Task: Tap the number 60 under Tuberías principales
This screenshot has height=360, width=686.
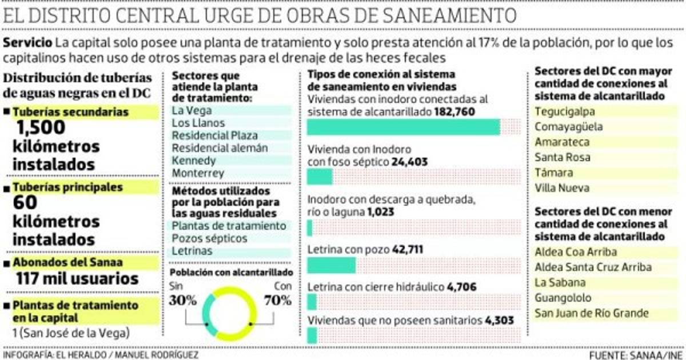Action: (x=26, y=203)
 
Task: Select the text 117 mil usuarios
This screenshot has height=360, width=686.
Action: (x=77, y=279)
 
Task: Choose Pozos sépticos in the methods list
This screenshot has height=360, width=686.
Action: (x=209, y=238)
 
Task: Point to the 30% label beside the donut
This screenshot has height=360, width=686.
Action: (x=182, y=299)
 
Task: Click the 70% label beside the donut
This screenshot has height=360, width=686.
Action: (x=277, y=299)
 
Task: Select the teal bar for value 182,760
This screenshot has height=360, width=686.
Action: (x=404, y=127)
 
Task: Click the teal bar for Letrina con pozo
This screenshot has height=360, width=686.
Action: (x=332, y=265)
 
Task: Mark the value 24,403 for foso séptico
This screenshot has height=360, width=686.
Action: (x=409, y=162)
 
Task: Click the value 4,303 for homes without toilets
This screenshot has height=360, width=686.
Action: (x=499, y=321)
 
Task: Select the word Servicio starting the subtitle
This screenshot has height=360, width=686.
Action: (x=29, y=43)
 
